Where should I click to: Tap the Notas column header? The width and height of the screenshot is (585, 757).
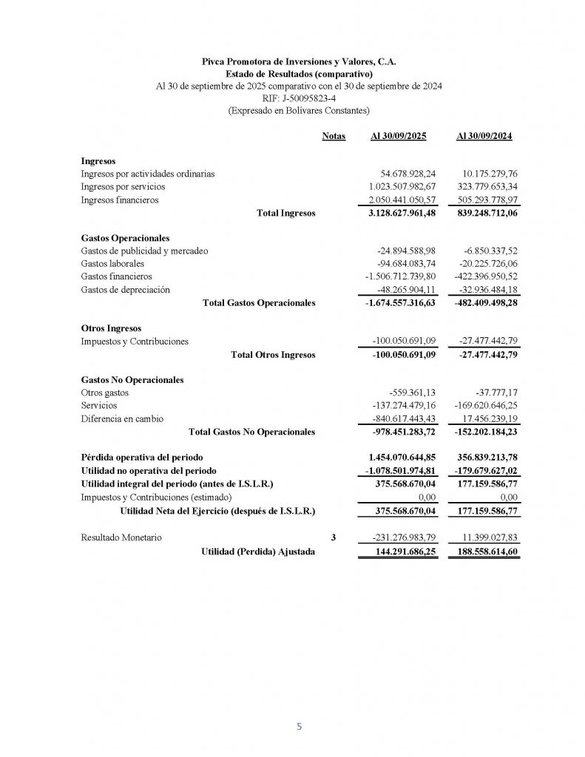coord(334,137)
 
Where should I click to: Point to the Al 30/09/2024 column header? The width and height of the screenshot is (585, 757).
coord(485,137)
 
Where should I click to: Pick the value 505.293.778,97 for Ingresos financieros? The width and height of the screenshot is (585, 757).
coord(484,200)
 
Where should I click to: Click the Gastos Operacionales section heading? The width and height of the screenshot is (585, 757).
coord(124,238)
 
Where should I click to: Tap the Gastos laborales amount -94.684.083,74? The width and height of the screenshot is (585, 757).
coord(407,264)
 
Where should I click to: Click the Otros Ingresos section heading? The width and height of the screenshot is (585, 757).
coord(110,328)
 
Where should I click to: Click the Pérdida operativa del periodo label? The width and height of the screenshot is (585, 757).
coord(141,457)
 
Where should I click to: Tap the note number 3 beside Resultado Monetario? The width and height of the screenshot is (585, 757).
coord(333,537)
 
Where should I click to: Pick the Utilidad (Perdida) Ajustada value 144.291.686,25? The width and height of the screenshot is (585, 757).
coord(403,551)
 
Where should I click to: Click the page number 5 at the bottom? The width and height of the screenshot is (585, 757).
coord(299,727)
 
